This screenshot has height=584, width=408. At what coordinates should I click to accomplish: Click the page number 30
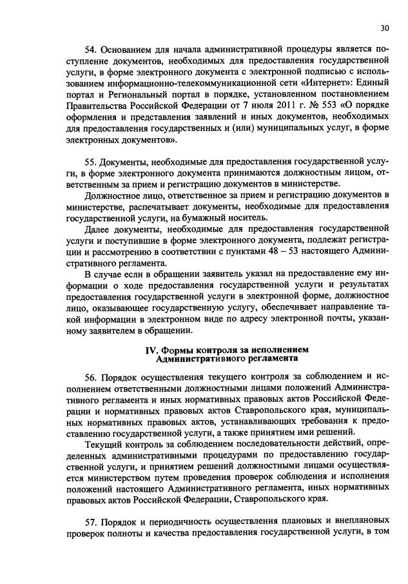point(384,28)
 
